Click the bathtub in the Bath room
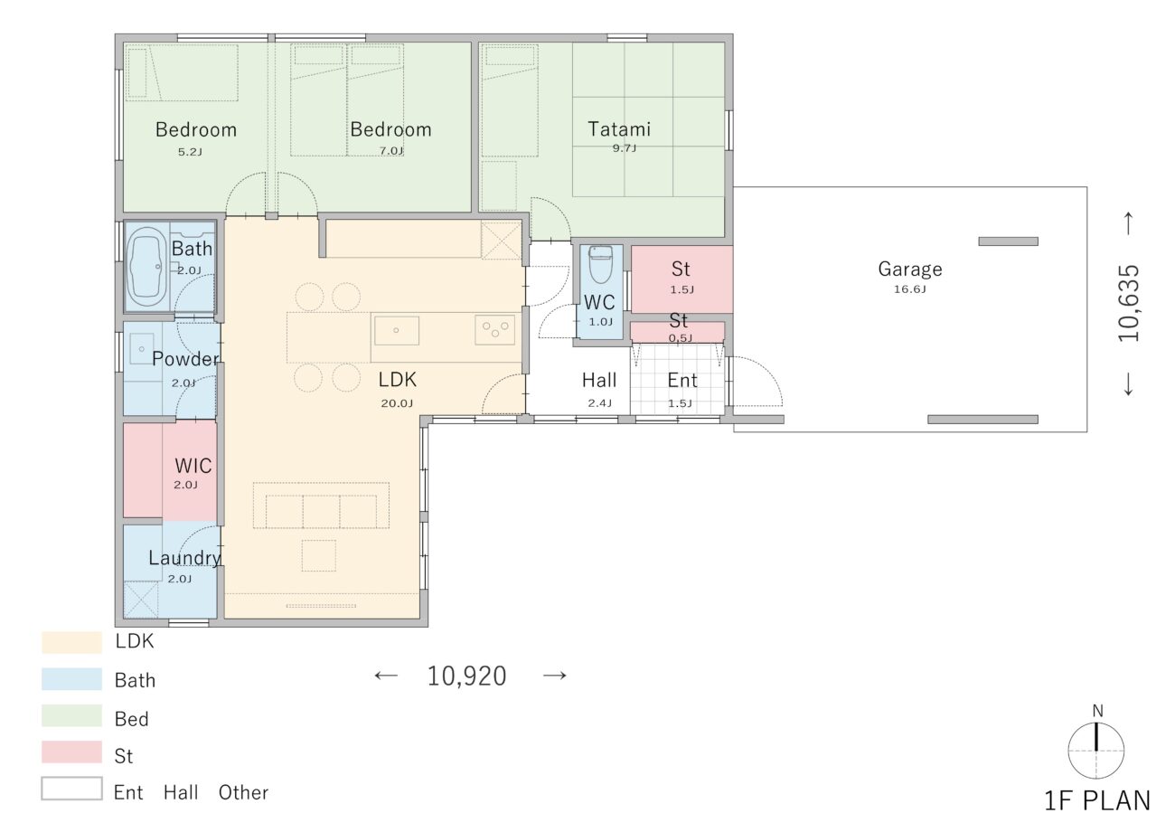146,267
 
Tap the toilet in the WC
601,265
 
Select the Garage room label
910,269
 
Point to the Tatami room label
619,129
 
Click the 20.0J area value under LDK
397,403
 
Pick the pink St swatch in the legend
71,752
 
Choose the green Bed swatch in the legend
71,715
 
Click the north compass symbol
1095,751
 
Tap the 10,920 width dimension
467,676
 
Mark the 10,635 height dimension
1129,303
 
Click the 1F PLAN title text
1097,801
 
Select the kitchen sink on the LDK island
397,330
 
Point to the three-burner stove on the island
494,330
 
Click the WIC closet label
193,466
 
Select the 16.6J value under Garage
909,289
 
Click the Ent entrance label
681,381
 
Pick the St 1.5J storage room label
681,269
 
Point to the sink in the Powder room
141,348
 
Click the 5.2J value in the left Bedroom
190,152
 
